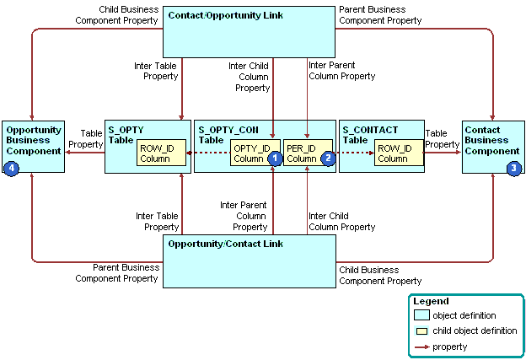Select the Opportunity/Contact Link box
click(x=249, y=261)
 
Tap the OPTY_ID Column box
click(x=250, y=153)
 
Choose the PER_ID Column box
click(x=301, y=153)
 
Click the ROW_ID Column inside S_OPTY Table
click(x=155, y=153)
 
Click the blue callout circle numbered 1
click(x=273, y=158)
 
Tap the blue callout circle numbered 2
click(x=328, y=158)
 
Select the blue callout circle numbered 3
click(x=513, y=168)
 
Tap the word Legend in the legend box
click(x=432, y=301)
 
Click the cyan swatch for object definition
click(x=421, y=315)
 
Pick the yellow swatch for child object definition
click(x=421, y=330)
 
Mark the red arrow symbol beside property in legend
click(x=421, y=347)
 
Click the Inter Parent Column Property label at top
click(x=341, y=71)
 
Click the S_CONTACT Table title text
click(x=369, y=135)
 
